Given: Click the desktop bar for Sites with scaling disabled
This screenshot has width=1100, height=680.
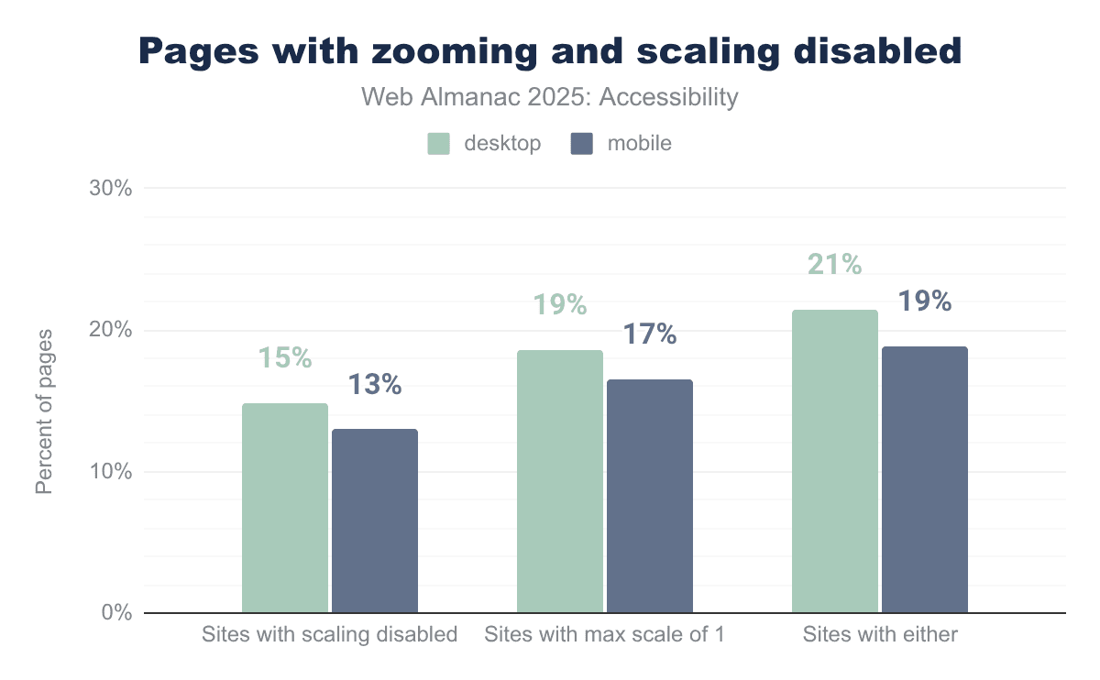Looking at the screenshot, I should [x=285, y=508].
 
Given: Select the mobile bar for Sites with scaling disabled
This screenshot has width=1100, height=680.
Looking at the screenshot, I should [x=375, y=521].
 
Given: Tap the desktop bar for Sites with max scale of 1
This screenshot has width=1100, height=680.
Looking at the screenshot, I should [x=560, y=481].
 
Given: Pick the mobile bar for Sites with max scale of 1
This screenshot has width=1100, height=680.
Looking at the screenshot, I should [x=650, y=496].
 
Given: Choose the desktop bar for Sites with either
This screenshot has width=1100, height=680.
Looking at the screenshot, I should [x=835, y=461].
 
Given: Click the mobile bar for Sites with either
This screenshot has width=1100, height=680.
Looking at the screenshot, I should [x=925, y=479].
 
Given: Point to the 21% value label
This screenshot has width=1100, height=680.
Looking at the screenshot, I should [x=835, y=264].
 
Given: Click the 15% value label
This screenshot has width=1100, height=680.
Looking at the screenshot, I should [x=284, y=357].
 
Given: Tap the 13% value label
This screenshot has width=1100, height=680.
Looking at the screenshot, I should [x=375, y=385].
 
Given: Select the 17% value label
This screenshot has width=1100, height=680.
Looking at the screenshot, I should [x=650, y=335].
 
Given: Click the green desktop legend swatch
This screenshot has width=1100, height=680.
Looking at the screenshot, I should [x=439, y=144].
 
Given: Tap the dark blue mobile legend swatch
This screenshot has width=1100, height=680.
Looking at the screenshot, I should [x=582, y=144].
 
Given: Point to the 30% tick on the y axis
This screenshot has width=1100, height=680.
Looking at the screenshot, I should [x=111, y=189].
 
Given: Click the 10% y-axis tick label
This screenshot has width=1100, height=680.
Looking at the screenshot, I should [x=111, y=472].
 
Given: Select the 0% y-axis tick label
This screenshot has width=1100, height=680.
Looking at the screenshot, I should [x=116, y=613].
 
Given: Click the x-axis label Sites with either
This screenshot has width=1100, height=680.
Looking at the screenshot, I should [x=880, y=634].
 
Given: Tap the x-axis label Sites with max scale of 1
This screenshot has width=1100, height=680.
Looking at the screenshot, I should [x=605, y=634].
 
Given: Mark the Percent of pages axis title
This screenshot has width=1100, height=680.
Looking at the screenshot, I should [x=44, y=411].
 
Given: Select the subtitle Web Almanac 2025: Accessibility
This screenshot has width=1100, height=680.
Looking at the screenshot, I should [x=550, y=97].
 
